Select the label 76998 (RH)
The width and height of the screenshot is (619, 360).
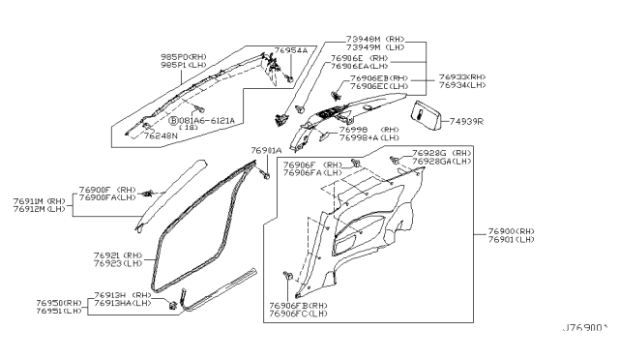click(x=373, y=129)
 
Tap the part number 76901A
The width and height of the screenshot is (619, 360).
click(x=266, y=151)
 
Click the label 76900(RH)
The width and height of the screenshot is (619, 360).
click(x=511, y=232)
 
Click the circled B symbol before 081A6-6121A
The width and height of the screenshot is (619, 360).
click(x=173, y=121)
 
